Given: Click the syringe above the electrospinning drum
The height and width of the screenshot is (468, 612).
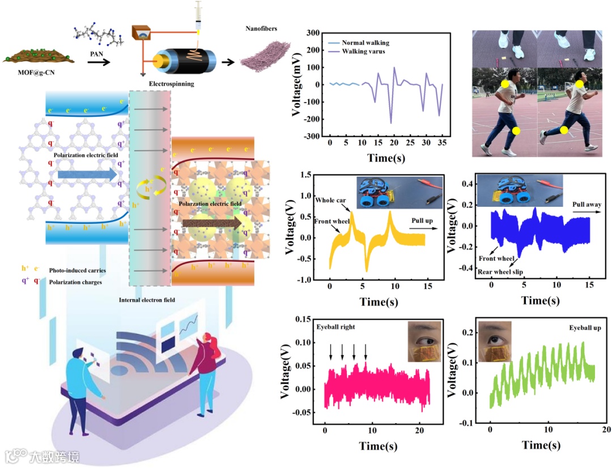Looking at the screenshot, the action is pos(198,16).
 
